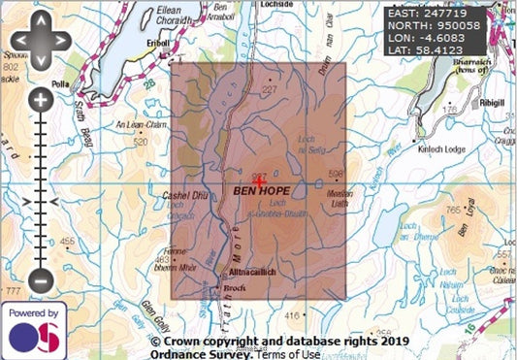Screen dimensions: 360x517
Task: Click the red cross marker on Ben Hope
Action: pos(259,180)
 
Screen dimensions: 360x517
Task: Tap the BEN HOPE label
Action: pos(261,192)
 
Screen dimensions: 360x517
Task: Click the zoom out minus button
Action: pos(40,280)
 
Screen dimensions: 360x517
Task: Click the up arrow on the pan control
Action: pos(40,31)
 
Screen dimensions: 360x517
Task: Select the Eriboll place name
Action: pos(158,44)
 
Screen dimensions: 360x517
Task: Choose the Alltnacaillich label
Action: pos(252,272)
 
